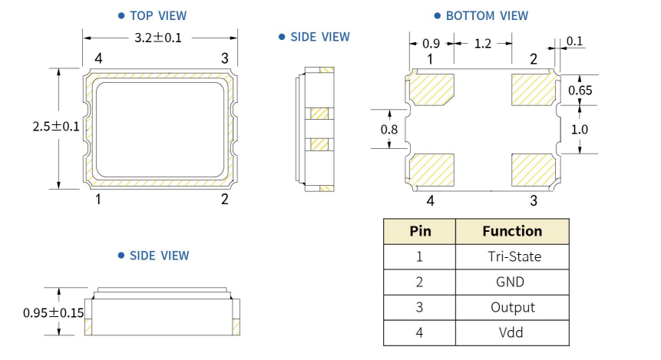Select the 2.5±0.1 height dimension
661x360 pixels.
point(56,127)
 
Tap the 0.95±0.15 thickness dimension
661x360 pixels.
point(54,312)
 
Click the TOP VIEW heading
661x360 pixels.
point(157,15)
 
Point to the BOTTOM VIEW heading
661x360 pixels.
point(486,15)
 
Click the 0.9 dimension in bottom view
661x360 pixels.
point(431,44)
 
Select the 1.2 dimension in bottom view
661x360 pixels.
point(482,44)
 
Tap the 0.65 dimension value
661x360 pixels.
point(580,91)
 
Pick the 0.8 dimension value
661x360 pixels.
point(389,130)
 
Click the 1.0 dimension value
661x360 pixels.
point(580,130)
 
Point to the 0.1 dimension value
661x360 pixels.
point(574,41)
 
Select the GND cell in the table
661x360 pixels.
point(511,282)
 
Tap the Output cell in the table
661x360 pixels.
point(512,307)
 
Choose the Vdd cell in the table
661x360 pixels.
point(511,332)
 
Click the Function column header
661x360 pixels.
point(512,231)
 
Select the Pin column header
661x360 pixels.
point(419,231)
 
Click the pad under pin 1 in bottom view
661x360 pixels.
point(432,90)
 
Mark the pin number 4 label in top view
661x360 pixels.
point(98,58)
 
